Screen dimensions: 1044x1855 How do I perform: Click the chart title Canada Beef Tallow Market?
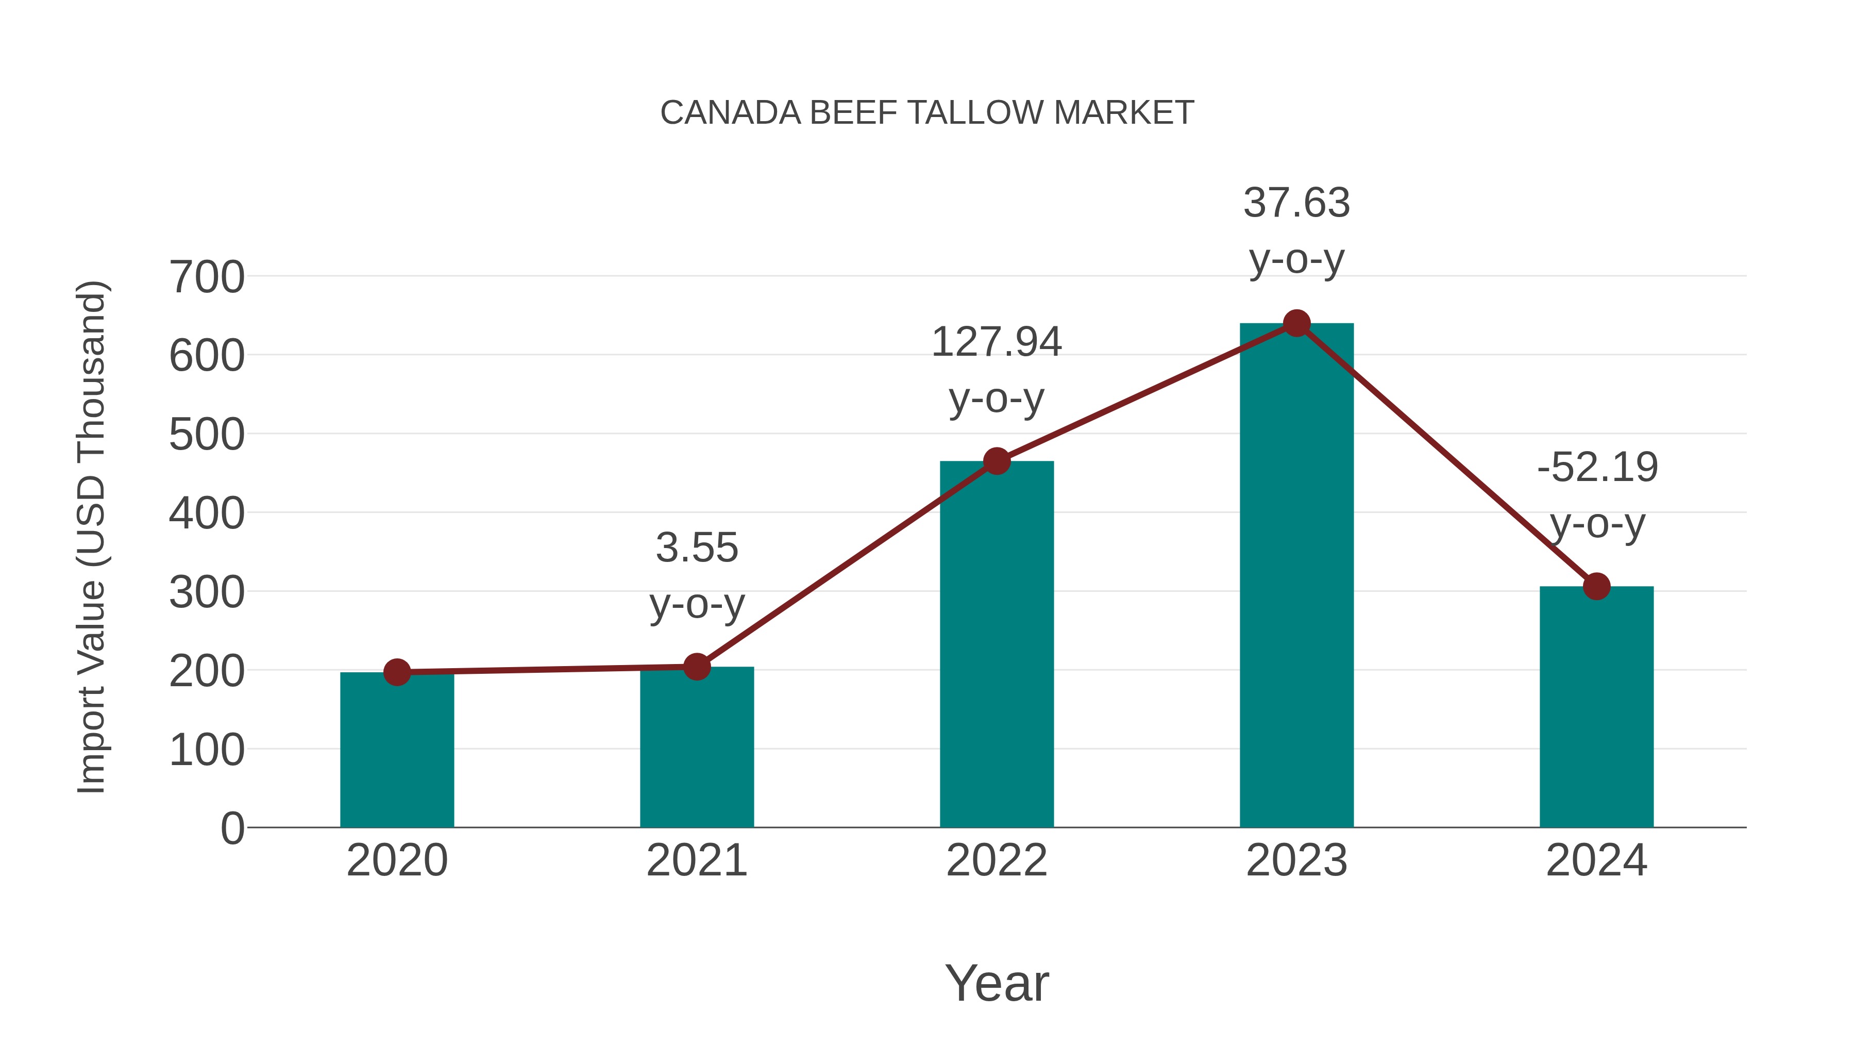927,113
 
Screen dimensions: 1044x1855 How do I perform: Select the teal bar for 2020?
397,753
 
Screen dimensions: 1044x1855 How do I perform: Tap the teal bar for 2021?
696,749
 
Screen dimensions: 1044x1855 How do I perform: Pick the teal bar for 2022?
997,649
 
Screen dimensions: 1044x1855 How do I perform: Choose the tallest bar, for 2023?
1296,576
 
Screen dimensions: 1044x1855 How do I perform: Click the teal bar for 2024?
1596,710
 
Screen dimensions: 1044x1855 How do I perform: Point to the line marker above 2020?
397,672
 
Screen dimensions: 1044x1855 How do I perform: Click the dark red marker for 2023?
1296,323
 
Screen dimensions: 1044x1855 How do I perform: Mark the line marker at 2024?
1596,587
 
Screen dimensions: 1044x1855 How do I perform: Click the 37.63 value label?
1296,230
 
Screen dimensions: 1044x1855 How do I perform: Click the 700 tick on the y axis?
207,277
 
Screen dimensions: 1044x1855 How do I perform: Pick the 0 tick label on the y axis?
232,828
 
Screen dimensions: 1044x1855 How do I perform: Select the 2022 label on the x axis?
997,860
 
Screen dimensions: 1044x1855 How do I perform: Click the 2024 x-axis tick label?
1596,860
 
